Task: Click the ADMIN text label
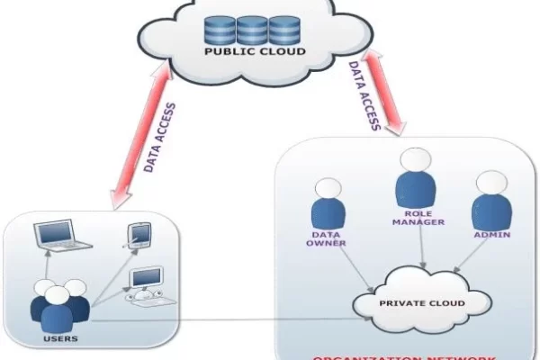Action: coord(493,235)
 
